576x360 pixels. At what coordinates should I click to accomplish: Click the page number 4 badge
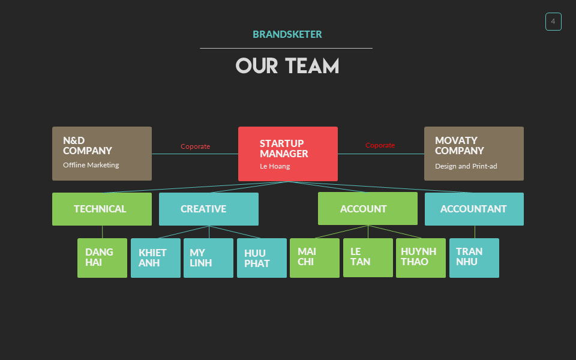click(553, 22)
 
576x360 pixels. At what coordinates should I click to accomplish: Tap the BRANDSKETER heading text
click(287, 35)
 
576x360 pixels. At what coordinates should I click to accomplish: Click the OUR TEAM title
click(287, 66)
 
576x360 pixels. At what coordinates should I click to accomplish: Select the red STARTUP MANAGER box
click(288, 154)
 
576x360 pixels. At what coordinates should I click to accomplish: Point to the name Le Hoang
click(275, 166)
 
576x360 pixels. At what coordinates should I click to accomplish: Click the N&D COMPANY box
click(102, 154)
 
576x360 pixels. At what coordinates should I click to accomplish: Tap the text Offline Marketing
click(91, 165)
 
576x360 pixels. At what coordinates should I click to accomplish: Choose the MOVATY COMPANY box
click(474, 154)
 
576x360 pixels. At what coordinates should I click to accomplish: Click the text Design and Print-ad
click(466, 166)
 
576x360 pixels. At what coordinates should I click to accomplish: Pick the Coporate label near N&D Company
click(196, 146)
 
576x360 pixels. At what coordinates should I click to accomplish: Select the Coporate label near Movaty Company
click(380, 145)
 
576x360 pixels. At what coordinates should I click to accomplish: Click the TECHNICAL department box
click(102, 209)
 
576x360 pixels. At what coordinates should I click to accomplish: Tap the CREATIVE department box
click(209, 209)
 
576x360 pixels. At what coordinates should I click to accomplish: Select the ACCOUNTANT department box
click(474, 209)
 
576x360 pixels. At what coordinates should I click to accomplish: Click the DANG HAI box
click(102, 258)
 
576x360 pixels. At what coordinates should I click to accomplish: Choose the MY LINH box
click(208, 258)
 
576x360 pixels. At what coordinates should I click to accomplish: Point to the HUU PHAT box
click(262, 258)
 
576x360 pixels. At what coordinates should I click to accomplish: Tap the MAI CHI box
click(314, 258)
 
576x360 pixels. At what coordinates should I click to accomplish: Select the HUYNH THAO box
click(421, 258)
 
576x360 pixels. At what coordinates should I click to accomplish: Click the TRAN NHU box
click(474, 258)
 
